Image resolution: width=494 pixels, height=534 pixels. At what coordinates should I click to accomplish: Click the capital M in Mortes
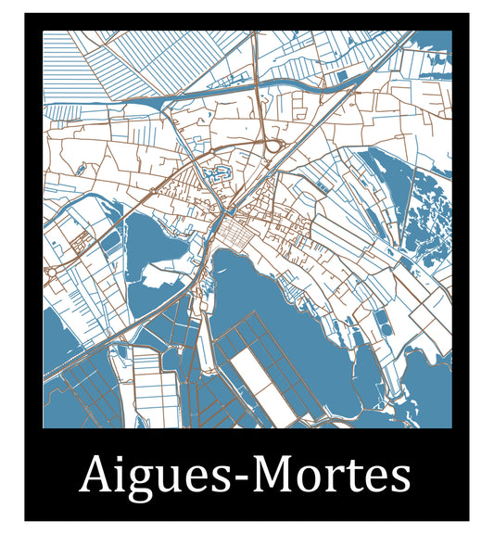[x=272, y=475]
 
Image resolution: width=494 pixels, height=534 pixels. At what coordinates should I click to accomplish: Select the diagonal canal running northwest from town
[x=120, y=232]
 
